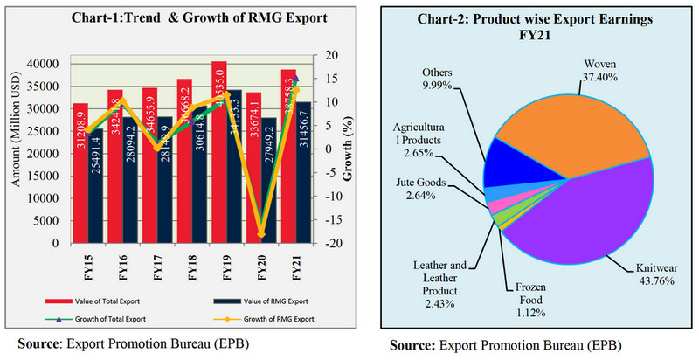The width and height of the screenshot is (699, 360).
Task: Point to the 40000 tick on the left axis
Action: click(39, 64)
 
